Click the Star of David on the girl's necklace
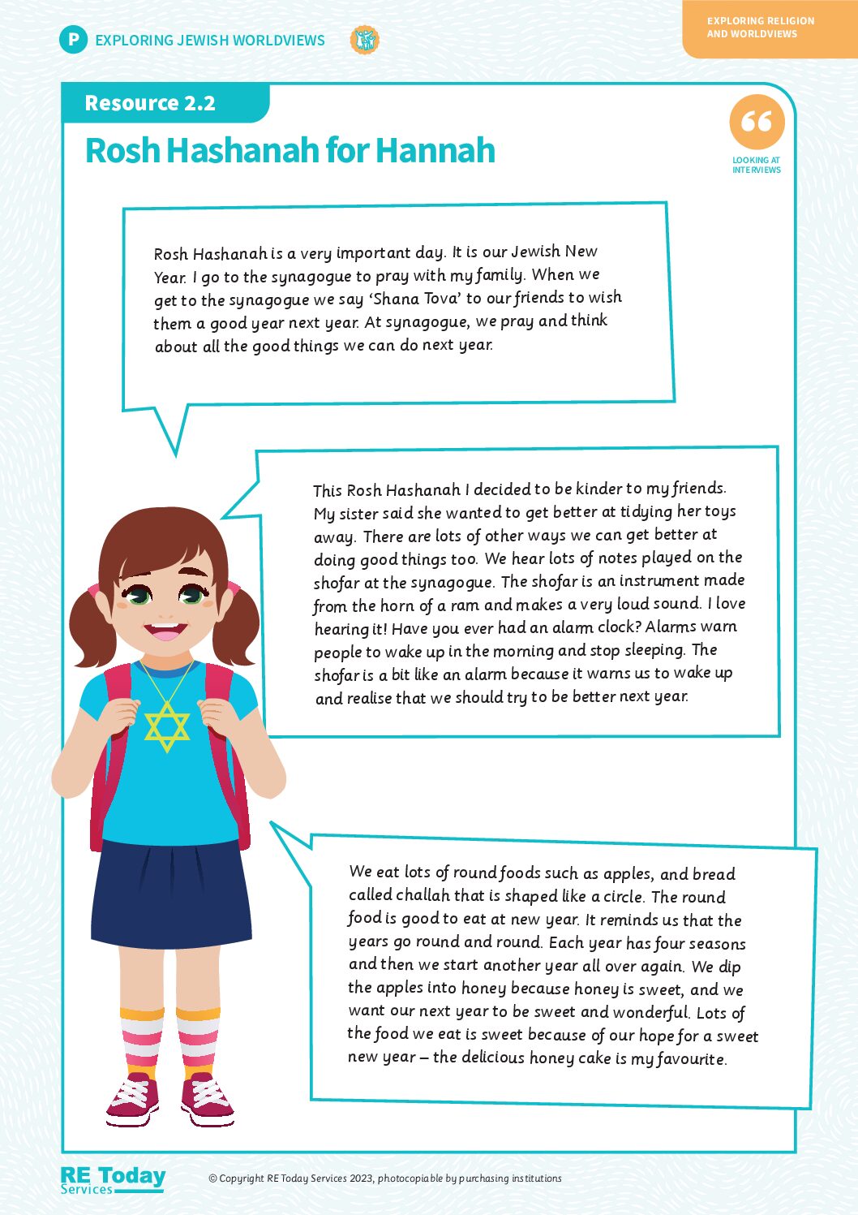[x=167, y=726]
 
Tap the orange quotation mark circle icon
[x=757, y=123]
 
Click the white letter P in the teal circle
[x=73, y=40]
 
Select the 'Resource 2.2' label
[x=150, y=104]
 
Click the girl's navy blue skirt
[x=172, y=893]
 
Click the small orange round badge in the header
[x=364, y=40]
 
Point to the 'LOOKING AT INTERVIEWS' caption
[x=756, y=166]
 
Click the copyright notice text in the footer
[x=385, y=1178]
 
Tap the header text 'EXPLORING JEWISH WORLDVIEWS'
[x=210, y=41]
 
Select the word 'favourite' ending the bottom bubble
[x=691, y=1058]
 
